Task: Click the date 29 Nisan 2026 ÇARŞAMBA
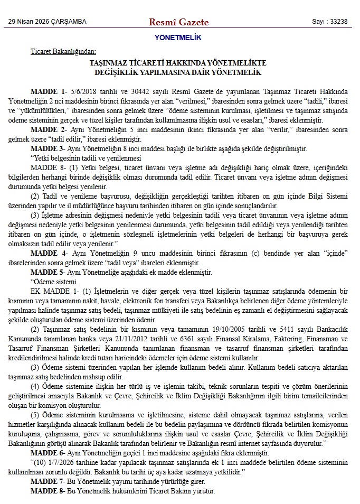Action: point(47,22)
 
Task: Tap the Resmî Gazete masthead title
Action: point(179,22)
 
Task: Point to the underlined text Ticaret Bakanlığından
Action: point(63,51)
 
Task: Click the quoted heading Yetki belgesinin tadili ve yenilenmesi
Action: point(87,158)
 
